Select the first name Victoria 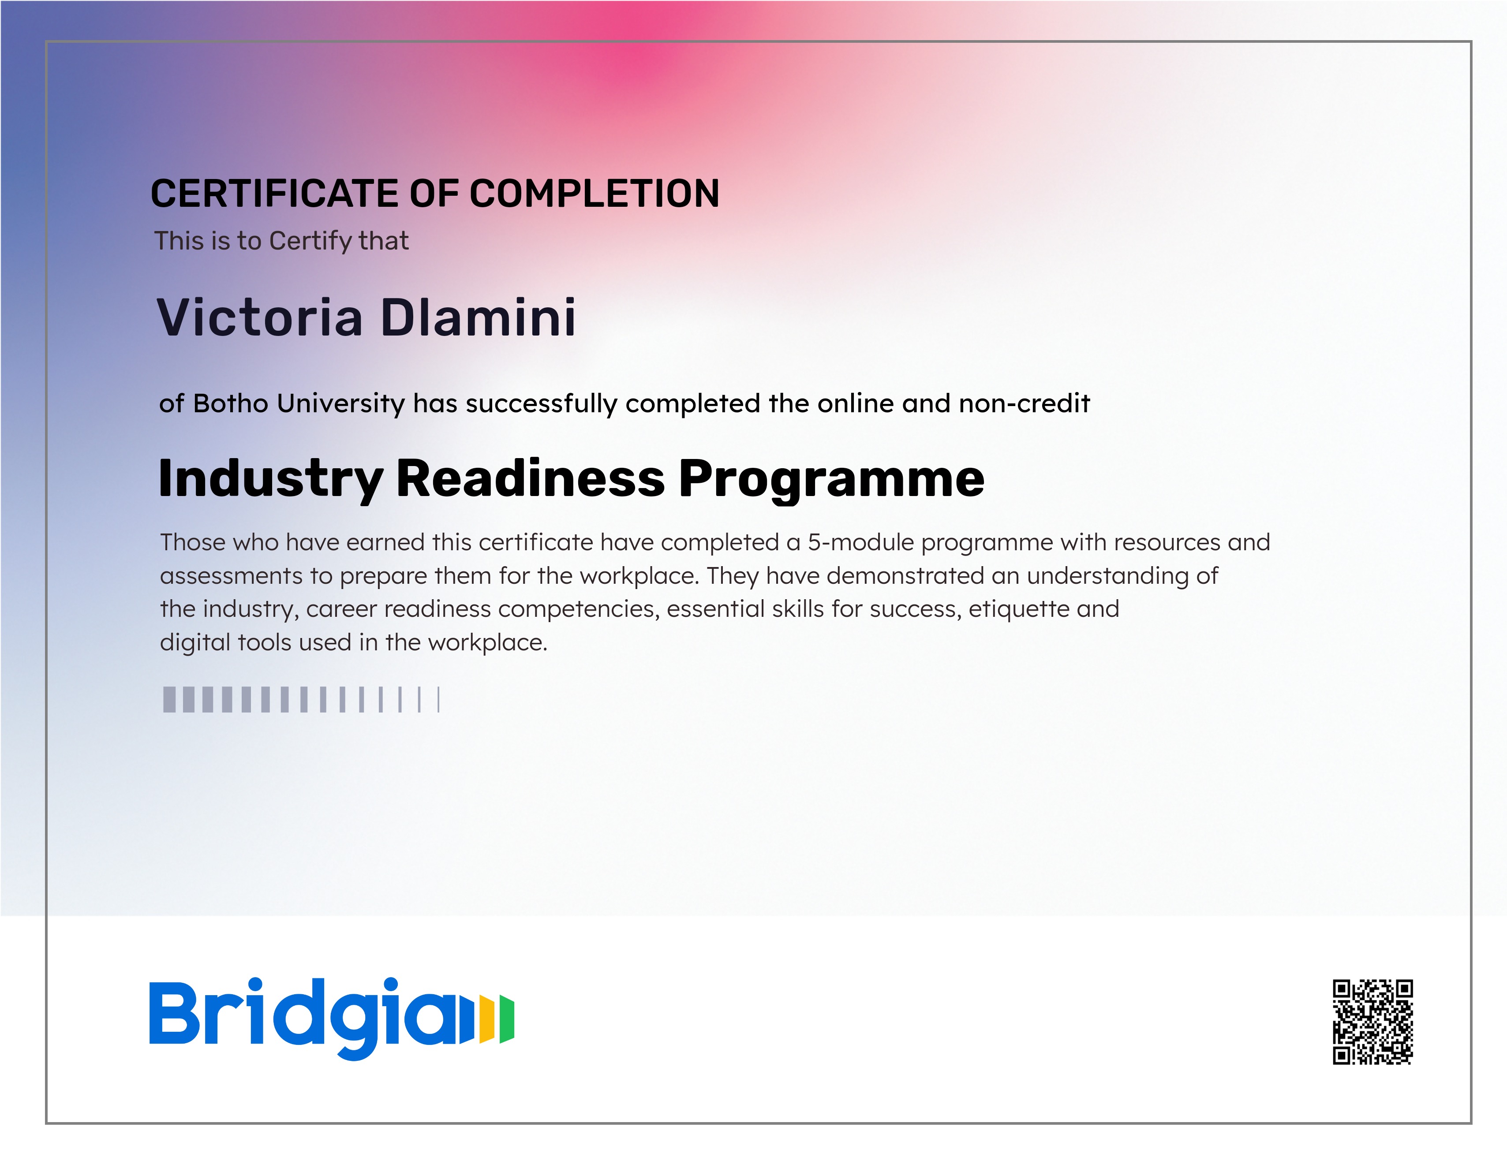coord(260,317)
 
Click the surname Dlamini coord(478,317)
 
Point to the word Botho coord(231,403)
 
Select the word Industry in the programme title coord(270,480)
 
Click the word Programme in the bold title coord(831,480)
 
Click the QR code coord(1372,1022)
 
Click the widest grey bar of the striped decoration coord(169,699)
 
